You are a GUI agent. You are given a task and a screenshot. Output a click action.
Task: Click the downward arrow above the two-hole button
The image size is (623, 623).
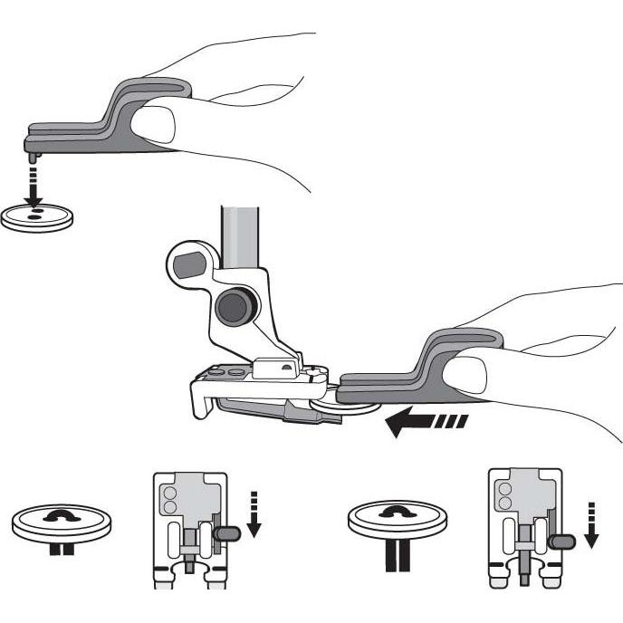pyautogui.click(x=33, y=186)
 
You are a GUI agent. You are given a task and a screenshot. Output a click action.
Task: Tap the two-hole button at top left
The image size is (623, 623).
pyautogui.click(x=34, y=218)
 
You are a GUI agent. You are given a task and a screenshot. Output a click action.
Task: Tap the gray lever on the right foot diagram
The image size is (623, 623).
pyautogui.click(x=563, y=542)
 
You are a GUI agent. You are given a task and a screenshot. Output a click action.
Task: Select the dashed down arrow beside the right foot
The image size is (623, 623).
pyautogui.click(x=591, y=523)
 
